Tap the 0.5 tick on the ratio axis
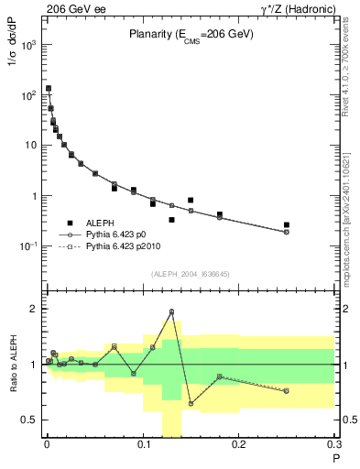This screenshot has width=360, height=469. [34, 420]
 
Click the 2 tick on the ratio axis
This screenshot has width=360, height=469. [36, 309]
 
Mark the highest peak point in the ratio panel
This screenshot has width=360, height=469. [171, 311]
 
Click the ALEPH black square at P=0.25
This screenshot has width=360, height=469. [287, 224]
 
